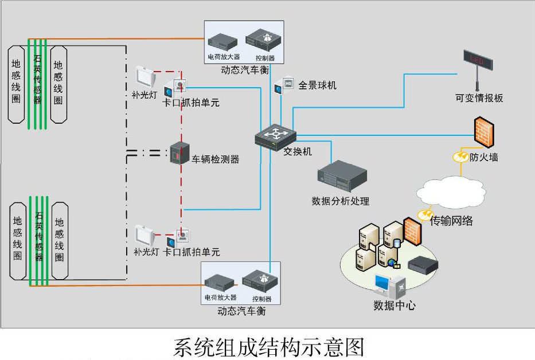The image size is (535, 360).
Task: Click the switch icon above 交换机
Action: (276, 136)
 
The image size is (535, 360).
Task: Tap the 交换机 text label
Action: (298, 152)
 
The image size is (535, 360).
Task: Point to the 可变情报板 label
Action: (479, 98)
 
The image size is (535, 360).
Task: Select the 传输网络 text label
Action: (451, 220)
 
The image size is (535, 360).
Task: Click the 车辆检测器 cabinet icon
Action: (179, 154)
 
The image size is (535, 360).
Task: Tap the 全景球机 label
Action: (317, 85)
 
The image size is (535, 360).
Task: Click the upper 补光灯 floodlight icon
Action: (147, 76)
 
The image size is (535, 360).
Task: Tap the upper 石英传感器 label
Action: (37, 80)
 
